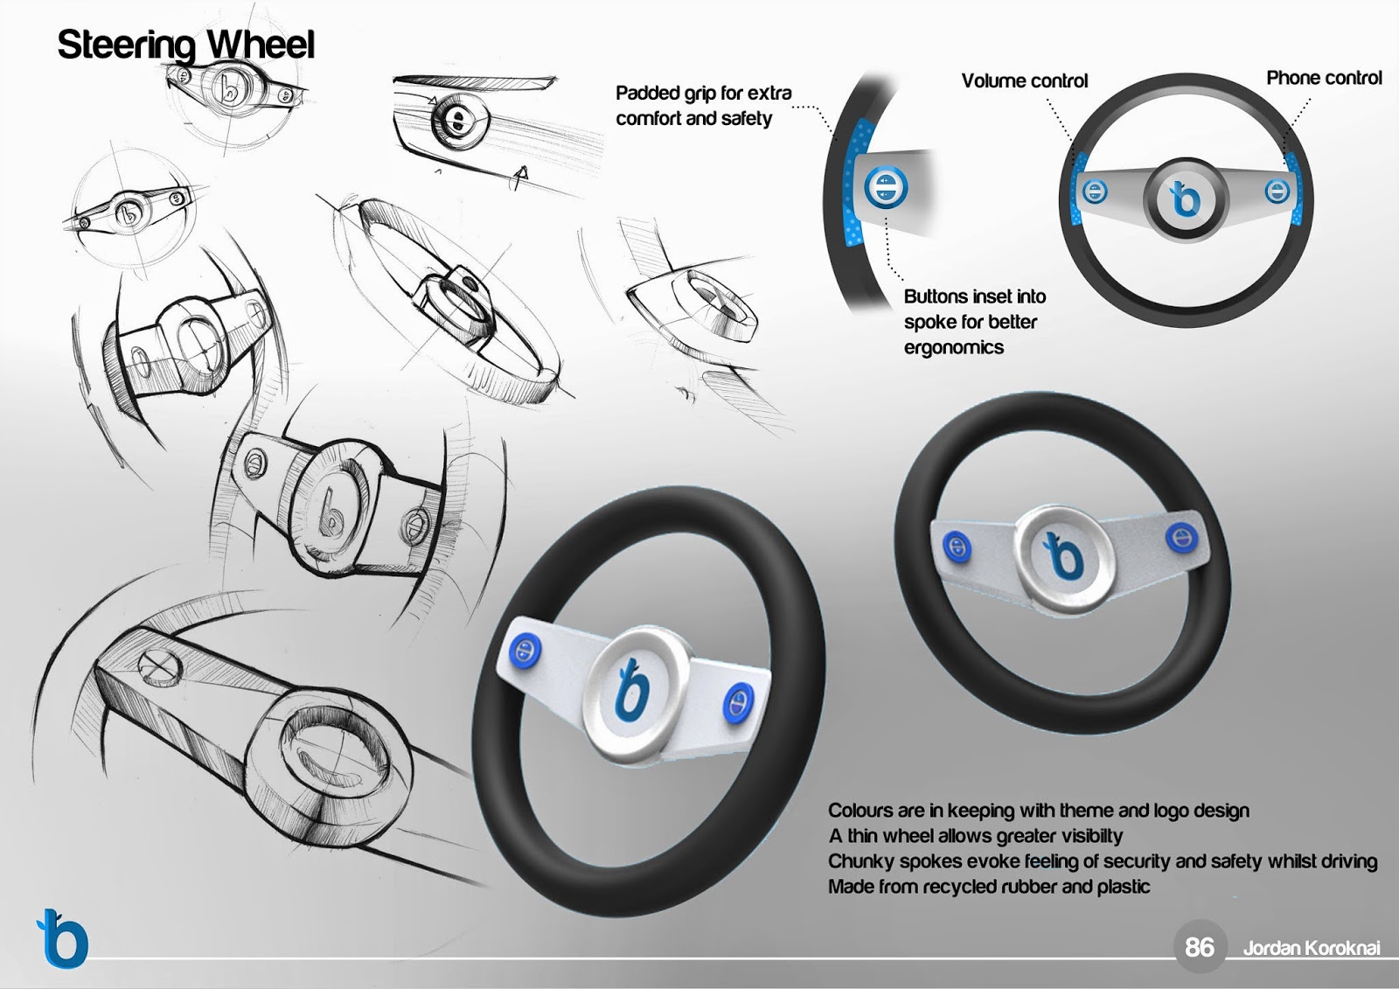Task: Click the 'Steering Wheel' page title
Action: tap(185, 45)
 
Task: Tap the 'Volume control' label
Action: tap(1024, 80)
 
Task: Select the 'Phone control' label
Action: tap(1324, 78)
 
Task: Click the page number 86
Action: tap(1199, 947)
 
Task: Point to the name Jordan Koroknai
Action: tap(1312, 949)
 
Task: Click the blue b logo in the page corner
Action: tap(62, 937)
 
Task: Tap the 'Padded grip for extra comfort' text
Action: tap(703, 106)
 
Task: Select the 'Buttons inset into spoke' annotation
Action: tap(974, 322)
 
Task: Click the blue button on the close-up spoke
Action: tap(885, 187)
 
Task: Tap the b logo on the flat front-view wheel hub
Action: tap(1185, 199)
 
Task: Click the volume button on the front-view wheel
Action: tap(1094, 191)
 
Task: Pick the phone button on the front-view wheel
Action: tap(1277, 191)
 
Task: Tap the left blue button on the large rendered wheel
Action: tap(525, 651)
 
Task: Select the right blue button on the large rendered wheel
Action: tap(738, 701)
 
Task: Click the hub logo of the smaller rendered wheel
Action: tap(1063, 555)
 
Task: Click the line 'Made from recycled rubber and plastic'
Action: tap(989, 888)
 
